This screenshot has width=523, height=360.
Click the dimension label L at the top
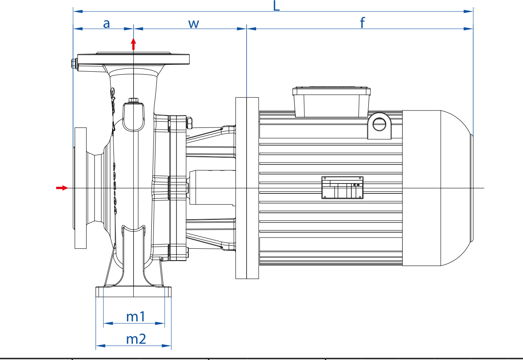276,6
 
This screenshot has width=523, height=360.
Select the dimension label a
106,24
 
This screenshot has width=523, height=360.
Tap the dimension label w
193,24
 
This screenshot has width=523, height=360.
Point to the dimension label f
362,23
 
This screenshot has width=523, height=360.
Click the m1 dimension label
136,317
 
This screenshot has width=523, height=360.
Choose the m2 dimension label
136,339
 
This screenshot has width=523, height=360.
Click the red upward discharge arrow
133,44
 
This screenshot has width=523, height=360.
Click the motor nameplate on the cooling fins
342,188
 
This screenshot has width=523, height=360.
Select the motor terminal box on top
332,102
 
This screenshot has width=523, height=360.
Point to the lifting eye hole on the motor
379,124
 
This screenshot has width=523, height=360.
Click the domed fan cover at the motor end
438,188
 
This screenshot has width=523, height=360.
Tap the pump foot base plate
133,292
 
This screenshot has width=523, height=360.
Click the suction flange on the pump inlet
80,188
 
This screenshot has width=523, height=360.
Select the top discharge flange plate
133,59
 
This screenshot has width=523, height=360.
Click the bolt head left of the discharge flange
74,64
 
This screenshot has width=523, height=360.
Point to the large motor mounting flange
247,188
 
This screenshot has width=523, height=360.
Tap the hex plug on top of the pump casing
133,100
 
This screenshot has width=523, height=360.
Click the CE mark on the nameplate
354,185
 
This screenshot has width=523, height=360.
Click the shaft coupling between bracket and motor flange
212,188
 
